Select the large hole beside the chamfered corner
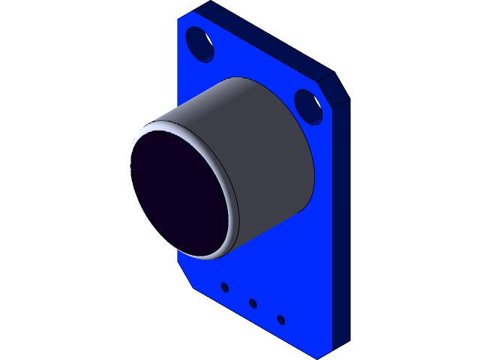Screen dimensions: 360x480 308,106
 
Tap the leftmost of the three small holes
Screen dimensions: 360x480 224,286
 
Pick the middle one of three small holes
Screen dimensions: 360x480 253,303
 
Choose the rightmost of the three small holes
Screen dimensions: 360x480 280,319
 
